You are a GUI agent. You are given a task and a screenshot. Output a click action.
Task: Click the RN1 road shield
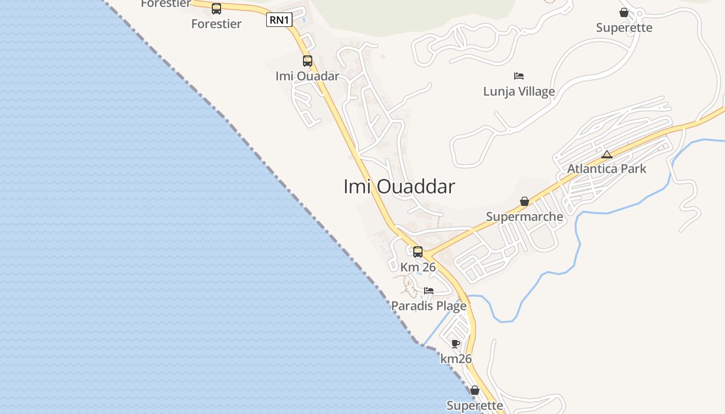click(x=280, y=20)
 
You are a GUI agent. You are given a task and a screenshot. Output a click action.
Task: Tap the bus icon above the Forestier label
click(x=216, y=9)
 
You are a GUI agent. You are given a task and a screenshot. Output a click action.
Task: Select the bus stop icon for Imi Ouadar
click(x=308, y=61)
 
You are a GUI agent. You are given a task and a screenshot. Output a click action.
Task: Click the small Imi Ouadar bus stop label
click(x=308, y=76)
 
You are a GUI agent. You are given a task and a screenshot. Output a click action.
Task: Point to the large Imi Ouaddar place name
click(x=399, y=187)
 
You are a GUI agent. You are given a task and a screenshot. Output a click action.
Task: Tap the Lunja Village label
click(x=519, y=92)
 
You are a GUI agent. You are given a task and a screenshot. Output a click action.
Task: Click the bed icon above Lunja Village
click(x=519, y=76)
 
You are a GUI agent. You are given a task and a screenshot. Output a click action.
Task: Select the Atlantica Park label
click(x=606, y=169)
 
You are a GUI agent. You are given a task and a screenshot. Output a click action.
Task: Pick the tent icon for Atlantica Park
click(x=607, y=154)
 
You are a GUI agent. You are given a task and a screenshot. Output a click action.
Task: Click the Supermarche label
click(x=525, y=216)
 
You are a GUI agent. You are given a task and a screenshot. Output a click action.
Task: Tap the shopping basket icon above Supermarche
click(x=525, y=201)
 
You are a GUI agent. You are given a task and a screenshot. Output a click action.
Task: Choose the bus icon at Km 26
click(x=418, y=252)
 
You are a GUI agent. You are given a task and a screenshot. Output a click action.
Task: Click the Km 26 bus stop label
click(x=418, y=268)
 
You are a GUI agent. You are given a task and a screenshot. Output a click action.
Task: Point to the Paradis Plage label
click(x=429, y=306)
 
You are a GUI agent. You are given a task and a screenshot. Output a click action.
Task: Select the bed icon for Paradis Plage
click(x=429, y=291)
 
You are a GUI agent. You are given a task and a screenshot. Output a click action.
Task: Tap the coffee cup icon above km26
click(x=456, y=344)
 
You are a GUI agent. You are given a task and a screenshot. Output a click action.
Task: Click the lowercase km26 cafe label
click(x=456, y=359)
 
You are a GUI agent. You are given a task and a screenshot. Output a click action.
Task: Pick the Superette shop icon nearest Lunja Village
click(x=624, y=12)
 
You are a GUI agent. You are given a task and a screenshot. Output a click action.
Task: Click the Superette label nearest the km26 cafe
click(x=475, y=406)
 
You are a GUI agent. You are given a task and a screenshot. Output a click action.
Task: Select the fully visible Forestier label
click(x=216, y=24)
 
